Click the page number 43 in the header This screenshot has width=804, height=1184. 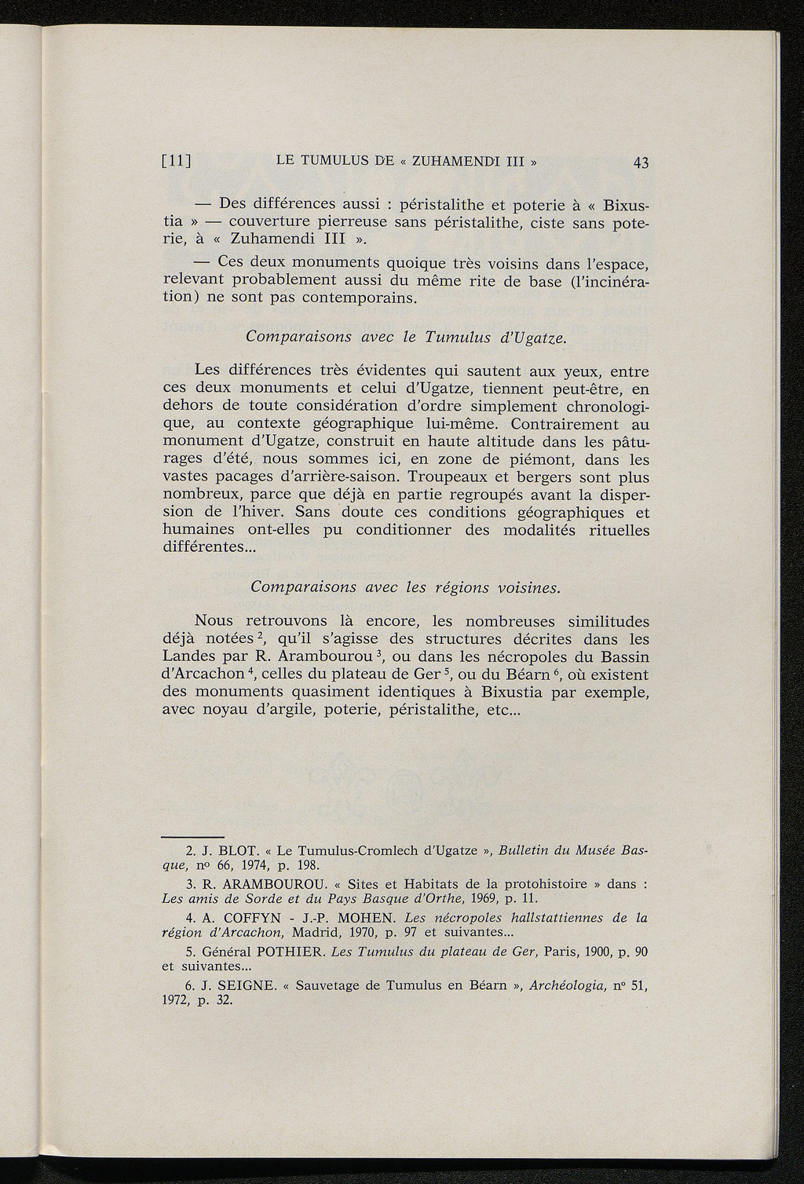641,163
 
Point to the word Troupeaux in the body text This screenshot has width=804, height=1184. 449,477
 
